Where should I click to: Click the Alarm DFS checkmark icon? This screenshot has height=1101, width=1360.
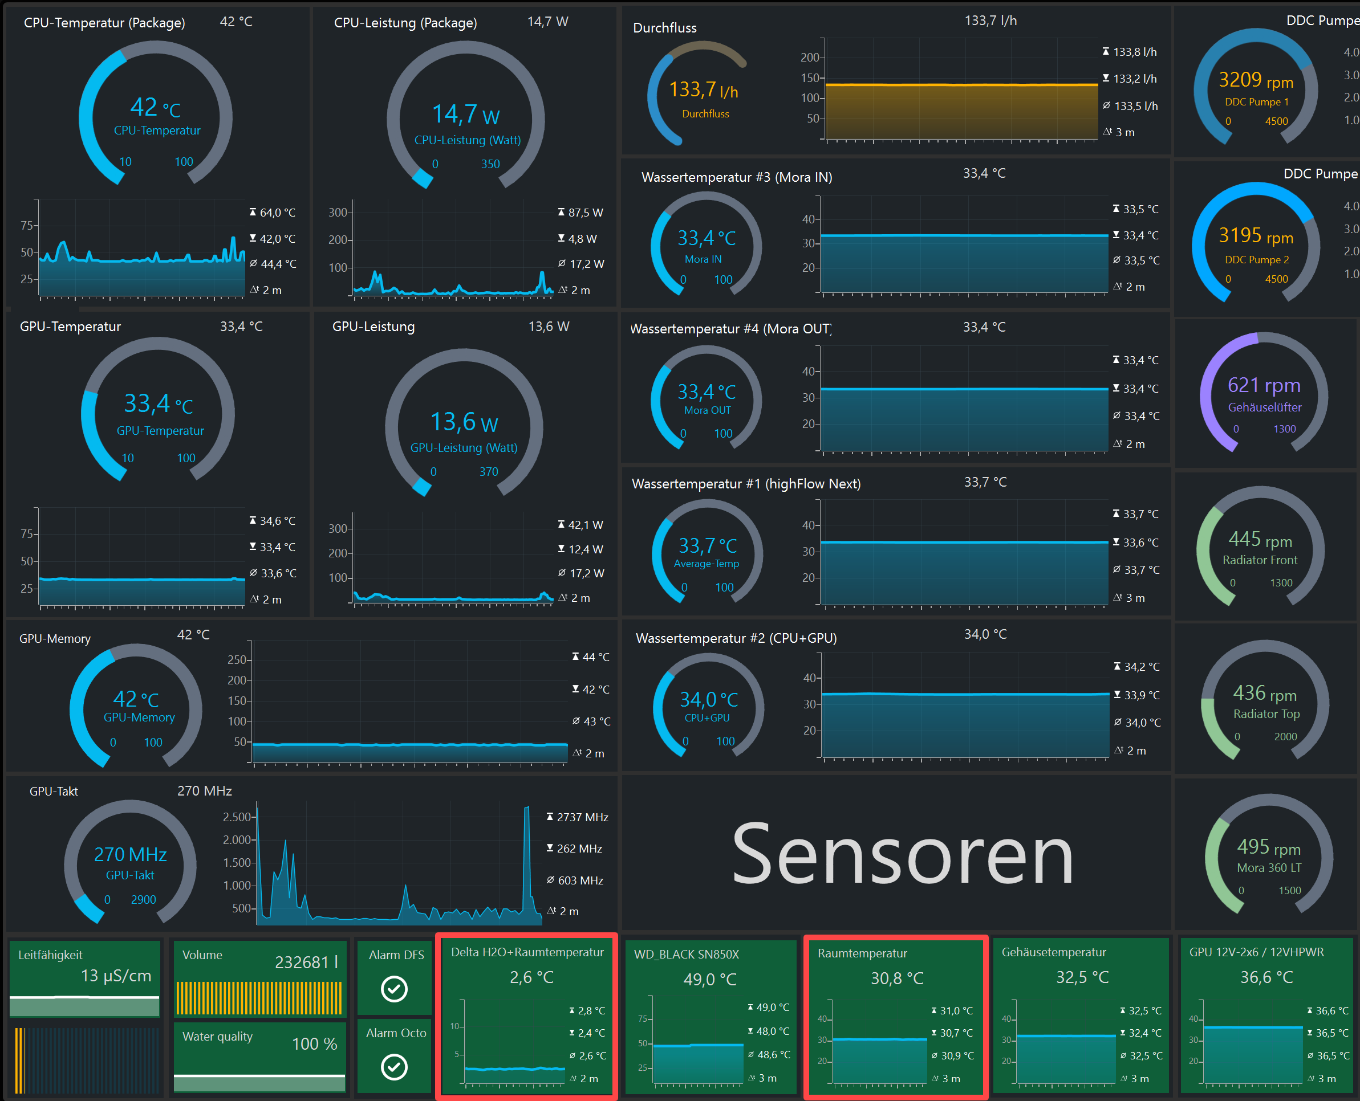[x=394, y=989]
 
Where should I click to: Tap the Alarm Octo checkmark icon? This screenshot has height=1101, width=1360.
[x=394, y=1067]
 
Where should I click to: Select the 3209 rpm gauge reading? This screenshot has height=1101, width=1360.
[x=1256, y=80]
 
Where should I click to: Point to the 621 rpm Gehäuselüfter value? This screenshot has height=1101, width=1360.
[x=1264, y=385]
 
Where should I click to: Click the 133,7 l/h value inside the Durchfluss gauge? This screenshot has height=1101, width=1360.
[x=703, y=89]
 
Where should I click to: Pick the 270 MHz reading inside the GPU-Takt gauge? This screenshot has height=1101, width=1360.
[x=130, y=854]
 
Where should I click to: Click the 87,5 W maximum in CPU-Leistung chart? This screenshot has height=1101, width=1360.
[x=585, y=213]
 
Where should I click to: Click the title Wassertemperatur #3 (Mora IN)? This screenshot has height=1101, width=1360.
[x=736, y=177]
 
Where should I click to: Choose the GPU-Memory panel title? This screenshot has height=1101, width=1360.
[x=55, y=639]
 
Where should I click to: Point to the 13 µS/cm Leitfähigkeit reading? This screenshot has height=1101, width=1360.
[x=116, y=976]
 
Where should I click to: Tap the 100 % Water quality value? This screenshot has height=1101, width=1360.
[x=314, y=1043]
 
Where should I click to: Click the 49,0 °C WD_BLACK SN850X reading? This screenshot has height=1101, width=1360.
[x=709, y=979]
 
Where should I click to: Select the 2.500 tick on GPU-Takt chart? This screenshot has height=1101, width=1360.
[x=237, y=817]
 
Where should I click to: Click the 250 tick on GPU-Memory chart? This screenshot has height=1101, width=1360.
[x=237, y=659]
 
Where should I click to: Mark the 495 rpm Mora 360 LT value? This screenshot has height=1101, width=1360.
[x=1269, y=847]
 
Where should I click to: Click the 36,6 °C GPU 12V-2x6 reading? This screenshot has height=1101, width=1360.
[x=1266, y=977]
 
